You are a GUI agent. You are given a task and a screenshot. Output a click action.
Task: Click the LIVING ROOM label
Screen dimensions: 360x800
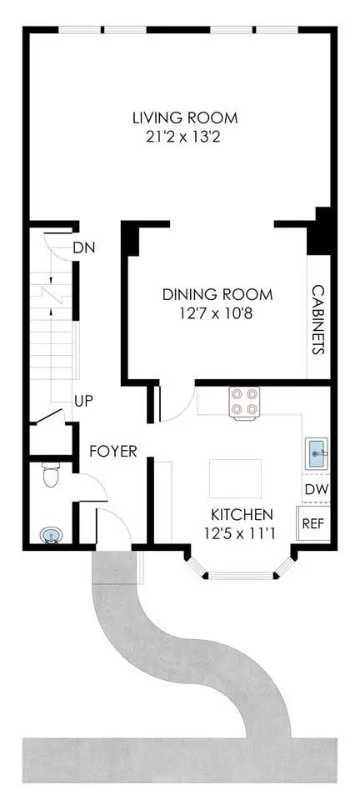(185, 117)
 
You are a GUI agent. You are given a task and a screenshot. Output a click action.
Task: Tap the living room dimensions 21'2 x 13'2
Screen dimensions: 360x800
(182, 137)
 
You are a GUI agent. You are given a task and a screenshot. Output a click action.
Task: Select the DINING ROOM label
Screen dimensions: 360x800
(217, 294)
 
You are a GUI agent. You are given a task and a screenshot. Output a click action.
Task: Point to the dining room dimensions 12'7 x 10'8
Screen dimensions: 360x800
(217, 312)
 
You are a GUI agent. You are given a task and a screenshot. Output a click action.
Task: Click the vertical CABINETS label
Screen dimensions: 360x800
(318, 320)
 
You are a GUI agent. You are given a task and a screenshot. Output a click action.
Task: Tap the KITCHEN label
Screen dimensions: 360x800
(242, 513)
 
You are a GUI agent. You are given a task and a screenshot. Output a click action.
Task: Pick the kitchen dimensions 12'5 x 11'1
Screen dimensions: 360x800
(240, 534)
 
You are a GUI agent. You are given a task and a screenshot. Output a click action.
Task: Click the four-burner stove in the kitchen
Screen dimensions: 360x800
(244, 402)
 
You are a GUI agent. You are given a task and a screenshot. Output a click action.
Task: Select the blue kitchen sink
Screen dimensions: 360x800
(317, 453)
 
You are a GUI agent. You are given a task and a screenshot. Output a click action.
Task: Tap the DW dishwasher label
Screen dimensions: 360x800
(317, 489)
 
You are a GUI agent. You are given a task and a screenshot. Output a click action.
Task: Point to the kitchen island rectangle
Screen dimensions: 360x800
(235, 478)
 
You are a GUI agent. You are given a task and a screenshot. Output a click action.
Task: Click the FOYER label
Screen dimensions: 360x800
(113, 451)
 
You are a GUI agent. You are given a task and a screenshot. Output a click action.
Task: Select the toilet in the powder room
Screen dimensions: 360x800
(50, 475)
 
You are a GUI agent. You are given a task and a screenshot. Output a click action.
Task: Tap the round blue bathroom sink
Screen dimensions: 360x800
(52, 535)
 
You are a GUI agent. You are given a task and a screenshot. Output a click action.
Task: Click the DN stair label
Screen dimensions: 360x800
(85, 248)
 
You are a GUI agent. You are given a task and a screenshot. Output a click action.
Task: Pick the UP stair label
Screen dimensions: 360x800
(84, 401)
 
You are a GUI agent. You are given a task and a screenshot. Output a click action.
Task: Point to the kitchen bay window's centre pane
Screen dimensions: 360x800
(240, 575)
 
